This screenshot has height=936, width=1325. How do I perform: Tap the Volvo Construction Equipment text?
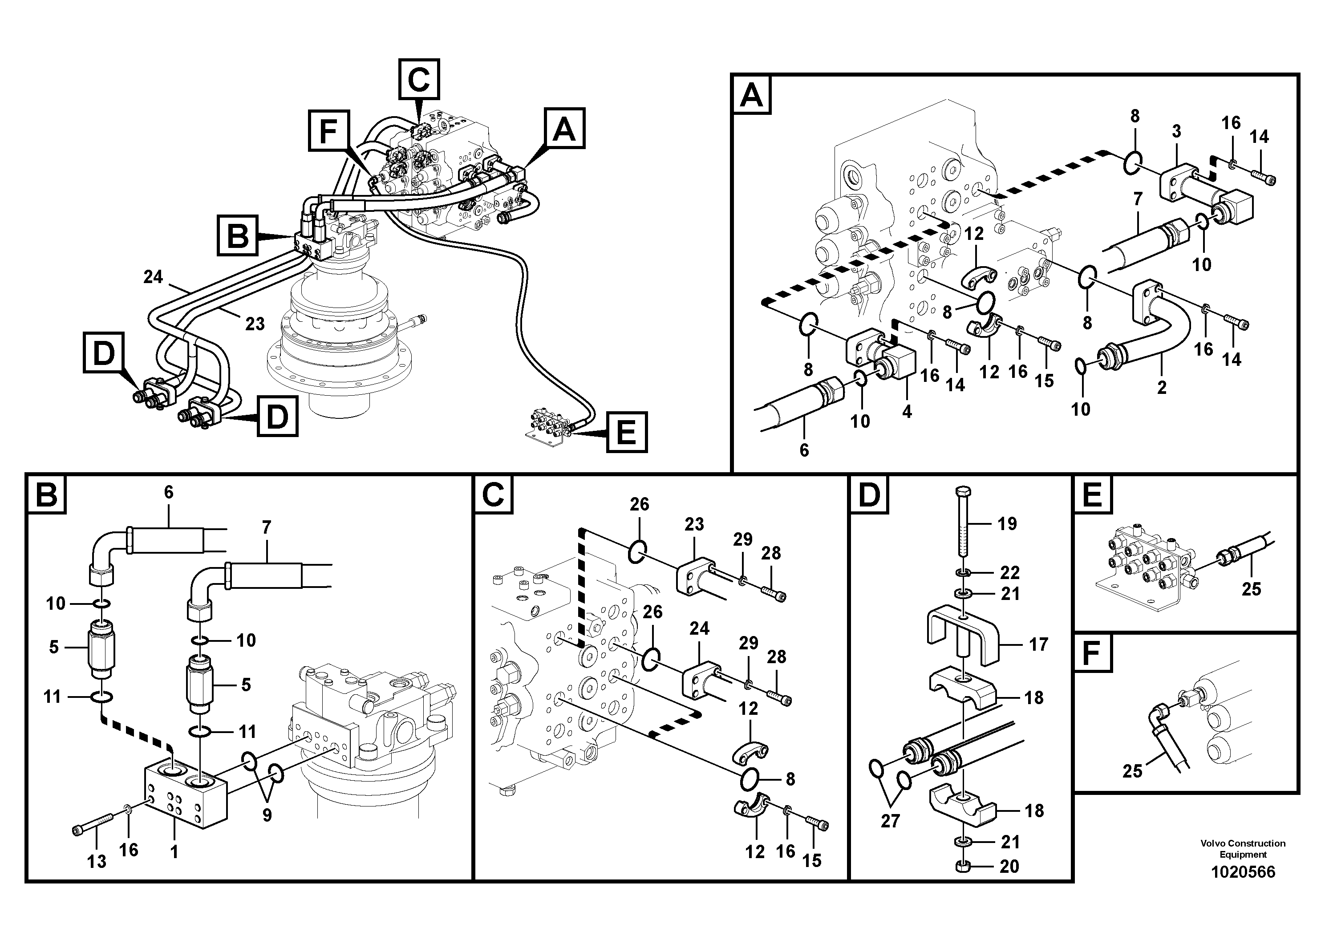[x=1243, y=848]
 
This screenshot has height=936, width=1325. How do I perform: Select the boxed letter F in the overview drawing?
[x=328, y=130]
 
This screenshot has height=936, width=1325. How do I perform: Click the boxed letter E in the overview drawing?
[x=626, y=432]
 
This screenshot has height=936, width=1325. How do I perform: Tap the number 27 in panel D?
[x=890, y=821]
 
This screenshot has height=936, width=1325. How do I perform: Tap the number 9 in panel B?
[x=267, y=815]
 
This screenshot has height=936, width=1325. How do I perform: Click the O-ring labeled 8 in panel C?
[x=749, y=780]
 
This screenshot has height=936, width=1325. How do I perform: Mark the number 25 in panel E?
[x=1251, y=589]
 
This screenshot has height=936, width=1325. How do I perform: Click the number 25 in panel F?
[x=1132, y=771]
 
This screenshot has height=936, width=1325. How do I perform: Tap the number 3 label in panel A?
[x=1176, y=132]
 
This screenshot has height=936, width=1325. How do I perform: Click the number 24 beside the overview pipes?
[x=153, y=277]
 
